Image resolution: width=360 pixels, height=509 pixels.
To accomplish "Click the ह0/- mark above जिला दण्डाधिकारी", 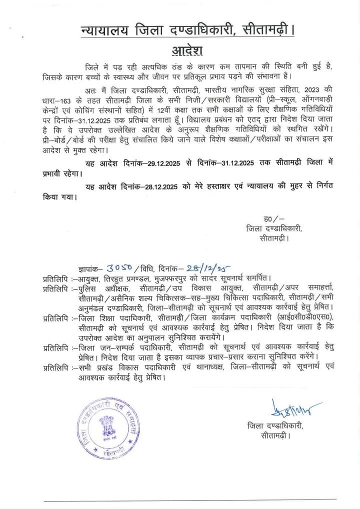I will point(272,219).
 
